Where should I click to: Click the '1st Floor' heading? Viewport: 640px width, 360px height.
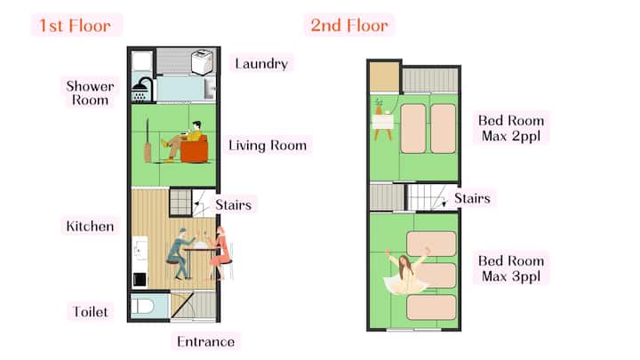pyautogui.click(x=75, y=26)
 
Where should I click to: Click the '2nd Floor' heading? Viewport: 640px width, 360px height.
pyautogui.click(x=349, y=25)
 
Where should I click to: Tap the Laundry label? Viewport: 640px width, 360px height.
pyautogui.click(x=261, y=64)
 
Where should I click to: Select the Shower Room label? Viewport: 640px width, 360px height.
pyautogui.click(x=90, y=93)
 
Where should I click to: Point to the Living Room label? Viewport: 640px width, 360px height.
pyautogui.click(x=268, y=145)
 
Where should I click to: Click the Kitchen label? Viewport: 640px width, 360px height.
pyautogui.click(x=90, y=226)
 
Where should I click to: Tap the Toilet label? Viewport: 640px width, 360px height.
pyautogui.click(x=90, y=312)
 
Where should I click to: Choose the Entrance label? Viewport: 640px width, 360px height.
pyautogui.click(x=205, y=341)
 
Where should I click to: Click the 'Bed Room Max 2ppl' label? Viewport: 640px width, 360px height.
pyautogui.click(x=511, y=128)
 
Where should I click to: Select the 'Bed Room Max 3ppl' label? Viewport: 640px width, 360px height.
pyautogui.click(x=511, y=268)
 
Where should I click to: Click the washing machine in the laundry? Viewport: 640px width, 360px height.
pyautogui.click(x=202, y=62)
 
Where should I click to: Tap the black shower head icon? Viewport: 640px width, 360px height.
pyautogui.click(x=142, y=90)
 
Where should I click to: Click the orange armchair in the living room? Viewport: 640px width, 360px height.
pyautogui.click(x=195, y=149)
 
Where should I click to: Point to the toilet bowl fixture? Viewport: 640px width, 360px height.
pyautogui.click(x=142, y=306)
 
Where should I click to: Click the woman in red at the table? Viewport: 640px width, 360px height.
pyautogui.click(x=220, y=253)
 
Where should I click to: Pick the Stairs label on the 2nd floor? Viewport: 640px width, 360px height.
pyautogui.click(x=472, y=198)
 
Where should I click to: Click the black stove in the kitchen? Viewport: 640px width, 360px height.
pyautogui.click(x=140, y=280)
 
